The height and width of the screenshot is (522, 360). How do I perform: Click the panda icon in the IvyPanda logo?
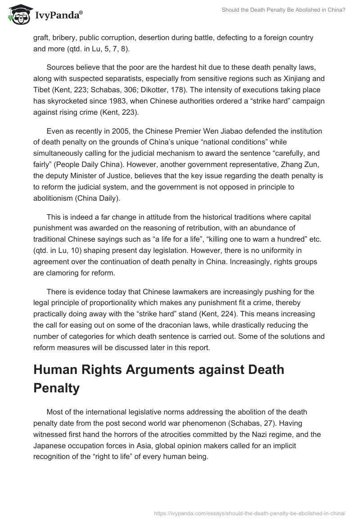(x=18, y=15)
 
